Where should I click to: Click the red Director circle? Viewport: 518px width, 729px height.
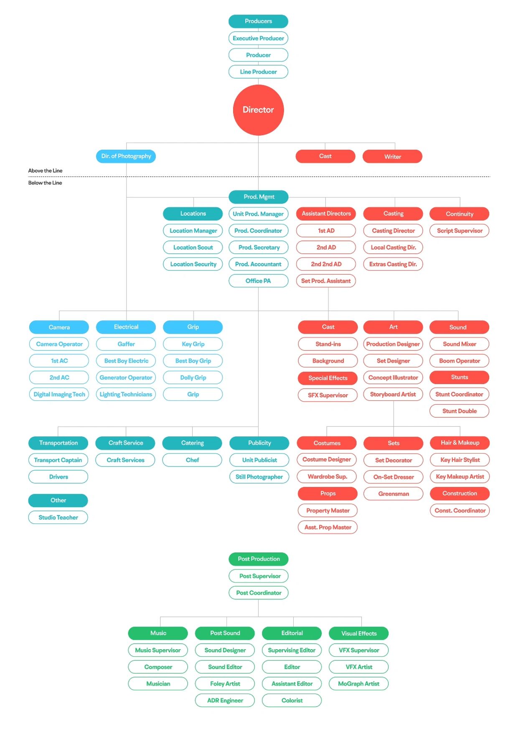click(x=258, y=110)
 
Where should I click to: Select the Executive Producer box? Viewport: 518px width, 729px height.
click(x=258, y=38)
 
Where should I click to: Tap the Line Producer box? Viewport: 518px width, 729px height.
click(x=258, y=71)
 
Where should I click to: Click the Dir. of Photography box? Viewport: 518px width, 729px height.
click(x=126, y=156)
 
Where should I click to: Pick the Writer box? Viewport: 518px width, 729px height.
click(x=392, y=156)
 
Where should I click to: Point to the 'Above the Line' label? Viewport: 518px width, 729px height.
click(x=45, y=171)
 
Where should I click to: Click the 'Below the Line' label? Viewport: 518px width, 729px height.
click(x=45, y=183)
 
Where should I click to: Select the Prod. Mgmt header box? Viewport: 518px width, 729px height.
click(x=259, y=196)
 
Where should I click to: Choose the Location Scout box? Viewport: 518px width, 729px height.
click(x=193, y=247)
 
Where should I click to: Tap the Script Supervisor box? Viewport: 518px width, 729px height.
click(x=460, y=230)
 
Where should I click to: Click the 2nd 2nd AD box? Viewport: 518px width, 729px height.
click(x=326, y=264)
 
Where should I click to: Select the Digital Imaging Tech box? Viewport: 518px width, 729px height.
click(x=59, y=394)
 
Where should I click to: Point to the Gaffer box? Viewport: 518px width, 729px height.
click(x=126, y=344)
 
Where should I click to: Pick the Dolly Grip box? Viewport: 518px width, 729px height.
click(x=193, y=377)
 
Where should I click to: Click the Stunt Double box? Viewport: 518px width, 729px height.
click(x=460, y=411)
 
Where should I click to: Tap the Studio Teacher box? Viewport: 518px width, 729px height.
click(x=58, y=517)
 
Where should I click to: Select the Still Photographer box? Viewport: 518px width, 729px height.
click(x=259, y=477)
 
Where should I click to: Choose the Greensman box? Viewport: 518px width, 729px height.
click(x=394, y=494)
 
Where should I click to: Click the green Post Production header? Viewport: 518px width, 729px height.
click(x=259, y=559)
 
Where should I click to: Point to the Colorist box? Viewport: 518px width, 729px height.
click(x=292, y=700)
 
